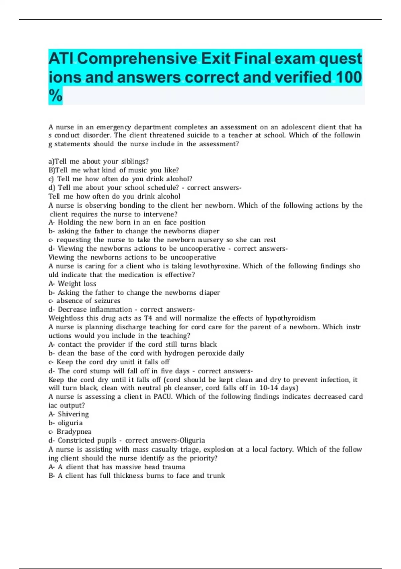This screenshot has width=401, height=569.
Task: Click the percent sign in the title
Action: (55, 96)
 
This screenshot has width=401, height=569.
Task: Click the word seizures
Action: (107, 301)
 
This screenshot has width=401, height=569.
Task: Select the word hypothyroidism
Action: (290, 318)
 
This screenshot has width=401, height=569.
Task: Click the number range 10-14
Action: (269, 388)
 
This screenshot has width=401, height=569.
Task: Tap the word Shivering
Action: (73, 414)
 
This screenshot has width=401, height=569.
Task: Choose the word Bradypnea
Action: (74, 432)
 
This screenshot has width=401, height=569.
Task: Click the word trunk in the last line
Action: (216, 476)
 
